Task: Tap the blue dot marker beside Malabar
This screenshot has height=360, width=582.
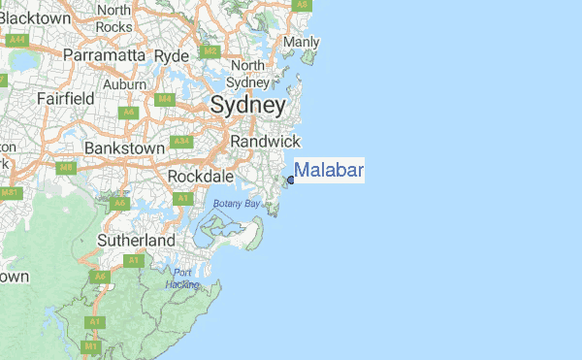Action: tap(291, 179)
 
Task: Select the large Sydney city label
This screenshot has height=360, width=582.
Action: tap(247, 105)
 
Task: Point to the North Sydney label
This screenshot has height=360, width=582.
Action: tap(247, 74)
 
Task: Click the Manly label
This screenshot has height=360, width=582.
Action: tap(302, 43)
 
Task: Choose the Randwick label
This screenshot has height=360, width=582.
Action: tap(265, 141)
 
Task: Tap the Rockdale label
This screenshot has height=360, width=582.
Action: tap(201, 177)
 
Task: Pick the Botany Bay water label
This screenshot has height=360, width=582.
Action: tap(238, 204)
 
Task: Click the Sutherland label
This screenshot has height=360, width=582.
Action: tap(136, 240)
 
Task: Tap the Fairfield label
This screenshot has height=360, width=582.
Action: tap(65, 98)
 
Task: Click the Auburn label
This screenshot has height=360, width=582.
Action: tap(124, 84)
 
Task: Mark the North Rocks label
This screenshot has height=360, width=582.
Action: tap(114, 17)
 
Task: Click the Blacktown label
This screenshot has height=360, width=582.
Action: tap(36, 17)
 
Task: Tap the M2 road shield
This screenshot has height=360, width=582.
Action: tap(210, 51)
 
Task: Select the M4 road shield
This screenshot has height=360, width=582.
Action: tap(165, 98)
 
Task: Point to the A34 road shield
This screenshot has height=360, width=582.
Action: tap(180, 141)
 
